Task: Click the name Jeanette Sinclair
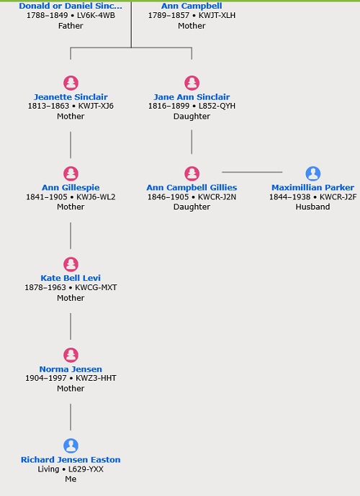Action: [71, 96]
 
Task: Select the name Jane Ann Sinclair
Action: [192, 96]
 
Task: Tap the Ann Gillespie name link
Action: [71, 188]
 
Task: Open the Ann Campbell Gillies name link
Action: [192, 188]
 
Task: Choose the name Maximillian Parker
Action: [312, 188]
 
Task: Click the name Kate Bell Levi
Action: [71, 278]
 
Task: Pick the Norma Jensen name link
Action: [71, 369]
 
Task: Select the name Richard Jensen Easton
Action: [71, 459]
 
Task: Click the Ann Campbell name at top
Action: [192, 6]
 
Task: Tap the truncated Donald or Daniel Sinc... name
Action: [71, 6]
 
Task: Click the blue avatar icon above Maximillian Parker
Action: [313, 173]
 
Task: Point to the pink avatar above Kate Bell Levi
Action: [71, 264]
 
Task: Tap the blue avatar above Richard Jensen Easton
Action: [71, 446]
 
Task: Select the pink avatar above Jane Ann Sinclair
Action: [192, 83]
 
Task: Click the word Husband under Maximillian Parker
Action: [312, 207]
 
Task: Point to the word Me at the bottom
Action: [71, 479]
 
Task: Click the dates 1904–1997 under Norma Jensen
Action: [46, 378]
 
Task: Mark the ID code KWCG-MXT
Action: [96, 287]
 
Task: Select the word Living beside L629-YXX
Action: [48, 469]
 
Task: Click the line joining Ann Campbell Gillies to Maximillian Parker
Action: [252, 172]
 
